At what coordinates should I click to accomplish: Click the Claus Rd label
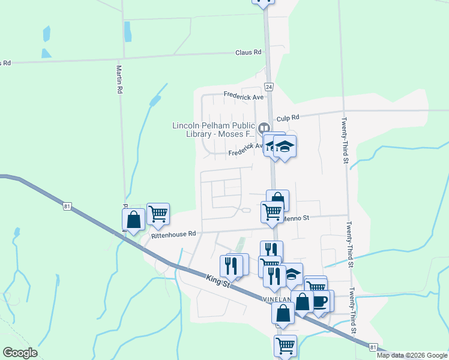coord(249,52)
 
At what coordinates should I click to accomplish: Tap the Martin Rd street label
coord(119,79)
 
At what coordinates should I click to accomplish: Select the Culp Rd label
coord(288,118)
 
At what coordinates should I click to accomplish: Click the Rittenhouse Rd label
coord(173,235)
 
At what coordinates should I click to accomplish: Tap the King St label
coord(218,280)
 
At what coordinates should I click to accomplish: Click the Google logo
coord(20,353)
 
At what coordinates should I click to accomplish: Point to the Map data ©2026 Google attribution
coord(412,355)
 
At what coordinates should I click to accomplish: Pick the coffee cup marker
coord(320,300)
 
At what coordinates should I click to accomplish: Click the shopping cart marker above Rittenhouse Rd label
coord(158,213)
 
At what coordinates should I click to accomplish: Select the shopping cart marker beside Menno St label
coord(272,211)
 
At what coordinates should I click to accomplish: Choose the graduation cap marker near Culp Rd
coord(285,146)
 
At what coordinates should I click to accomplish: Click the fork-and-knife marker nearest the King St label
coord(231,265)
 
